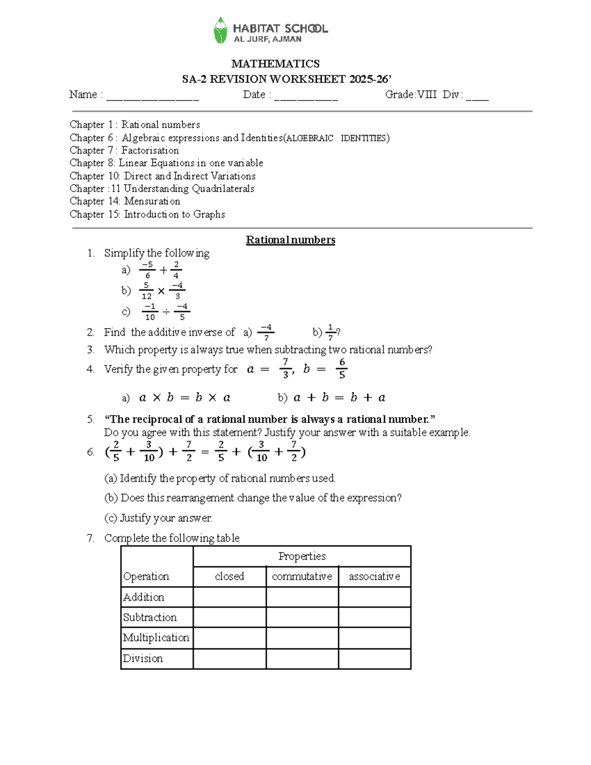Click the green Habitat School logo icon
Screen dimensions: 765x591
(x=220, y=30)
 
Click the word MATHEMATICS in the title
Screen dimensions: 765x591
(x=275, y=64)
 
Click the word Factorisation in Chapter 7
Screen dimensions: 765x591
(x=150, y=150)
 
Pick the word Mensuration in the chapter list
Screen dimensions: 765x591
(x=152, y=201)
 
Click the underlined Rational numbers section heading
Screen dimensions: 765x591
(x=291, y=240)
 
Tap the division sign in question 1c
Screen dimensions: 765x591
(x=166, y=311)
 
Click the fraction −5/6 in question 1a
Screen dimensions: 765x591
(x=147, y=270)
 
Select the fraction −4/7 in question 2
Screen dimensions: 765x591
(x=266, y=333)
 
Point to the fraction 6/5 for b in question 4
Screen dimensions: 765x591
(x=341, y=368)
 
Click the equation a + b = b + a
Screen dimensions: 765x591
(x=339, y=398)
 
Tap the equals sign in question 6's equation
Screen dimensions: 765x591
(x=205, y=452)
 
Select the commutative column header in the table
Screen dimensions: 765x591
(x=302, y=576)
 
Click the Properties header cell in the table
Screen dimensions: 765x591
(x=302, y=556)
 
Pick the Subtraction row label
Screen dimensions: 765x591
(x=150, y=617)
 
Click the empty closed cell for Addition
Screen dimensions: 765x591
(x=230, y=597)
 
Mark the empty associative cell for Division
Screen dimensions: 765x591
(x=374, y=659)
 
